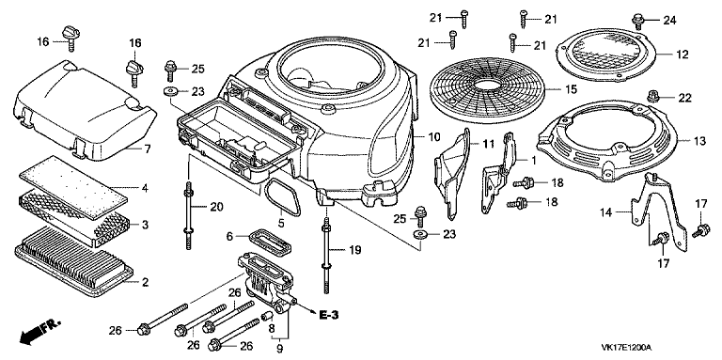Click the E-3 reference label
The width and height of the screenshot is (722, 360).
click(329, 315)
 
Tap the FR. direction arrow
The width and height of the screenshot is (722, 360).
click(40, 333)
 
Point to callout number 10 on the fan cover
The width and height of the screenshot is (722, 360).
click(433, 136)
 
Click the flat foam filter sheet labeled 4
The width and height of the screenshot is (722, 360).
click(73, 188)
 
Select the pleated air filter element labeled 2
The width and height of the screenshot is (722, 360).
click(74, 262)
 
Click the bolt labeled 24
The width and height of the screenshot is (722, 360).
click(637, 20)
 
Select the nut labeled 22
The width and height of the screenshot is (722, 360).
click(652, 96)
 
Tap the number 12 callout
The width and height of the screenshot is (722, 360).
click(682, 55)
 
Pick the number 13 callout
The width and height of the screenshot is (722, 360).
click(699, 141)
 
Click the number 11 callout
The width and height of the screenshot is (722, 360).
click(488, 143)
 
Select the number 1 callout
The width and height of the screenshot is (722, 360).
click(534, 161)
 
